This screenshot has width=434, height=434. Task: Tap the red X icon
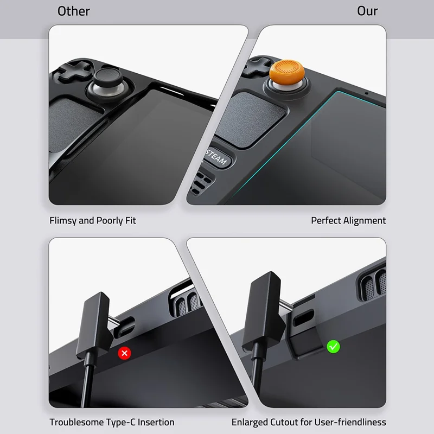125,353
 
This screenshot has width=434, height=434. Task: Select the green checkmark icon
333,346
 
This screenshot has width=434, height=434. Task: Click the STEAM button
217,158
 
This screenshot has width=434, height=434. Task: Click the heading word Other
74,11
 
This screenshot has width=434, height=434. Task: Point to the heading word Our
367,11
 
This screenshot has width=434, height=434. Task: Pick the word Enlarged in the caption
250,422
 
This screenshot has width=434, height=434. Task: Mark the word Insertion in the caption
156,422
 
